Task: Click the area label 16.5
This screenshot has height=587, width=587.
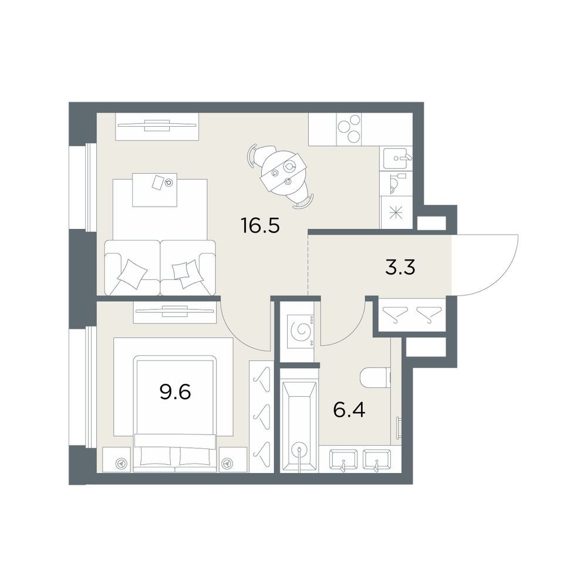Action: tap(261, 226)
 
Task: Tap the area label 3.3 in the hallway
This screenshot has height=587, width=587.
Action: tap(400, 268)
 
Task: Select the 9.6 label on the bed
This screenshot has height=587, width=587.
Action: tap(175, 392)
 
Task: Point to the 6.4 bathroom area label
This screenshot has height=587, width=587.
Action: tap(349, 410)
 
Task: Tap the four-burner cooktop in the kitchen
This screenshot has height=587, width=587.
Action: tap(349, 129)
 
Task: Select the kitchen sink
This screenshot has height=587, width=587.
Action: tap(396, 158)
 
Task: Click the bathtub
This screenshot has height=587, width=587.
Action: tap(299, 421)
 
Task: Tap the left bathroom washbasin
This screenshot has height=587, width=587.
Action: tap(343, 460)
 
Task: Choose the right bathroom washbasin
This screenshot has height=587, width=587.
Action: tap(377, 460)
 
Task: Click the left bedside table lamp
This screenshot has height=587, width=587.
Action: tap(121, 463)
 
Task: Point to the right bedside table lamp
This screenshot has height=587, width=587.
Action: tap(226, 463)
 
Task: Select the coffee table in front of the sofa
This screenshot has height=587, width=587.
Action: tap(154, 190)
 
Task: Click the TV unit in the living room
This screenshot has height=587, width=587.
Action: tap(157, 127)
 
